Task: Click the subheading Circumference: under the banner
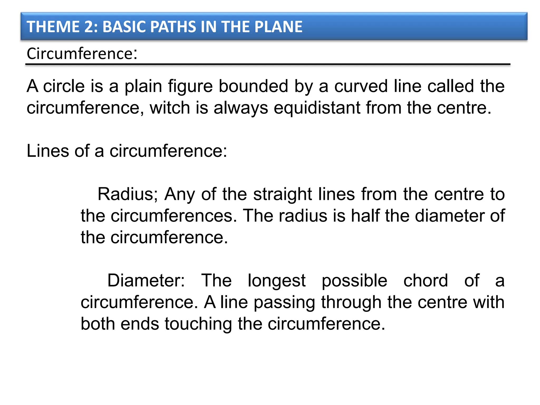click(x=82, y=54)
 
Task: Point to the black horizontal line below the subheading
click(x=268, y=64)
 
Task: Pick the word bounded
click(x=253, y=86)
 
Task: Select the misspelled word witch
click(x=170, y=108)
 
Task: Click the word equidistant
click(x=317, y=108)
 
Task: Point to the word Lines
click(x=48, y=151)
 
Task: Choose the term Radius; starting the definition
click(x=128, y=194)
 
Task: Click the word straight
click(x=283, y=194)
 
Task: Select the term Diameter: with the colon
click(x=146, y=281)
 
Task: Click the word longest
click(x=277, y=281)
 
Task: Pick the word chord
click(x=426, y=281)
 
